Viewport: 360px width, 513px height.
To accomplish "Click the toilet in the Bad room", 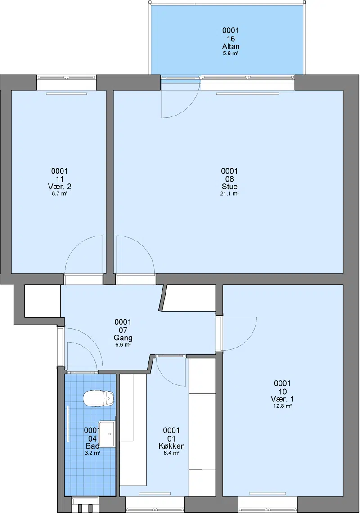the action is (x=98, y=398).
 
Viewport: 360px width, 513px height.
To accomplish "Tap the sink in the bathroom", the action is (x=107, y=434).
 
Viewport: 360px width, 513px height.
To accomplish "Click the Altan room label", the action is (x=230, y=46).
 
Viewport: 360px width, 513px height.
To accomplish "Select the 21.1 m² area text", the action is (x=229, y=193).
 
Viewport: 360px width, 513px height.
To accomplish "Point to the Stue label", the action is (x=229, y=187).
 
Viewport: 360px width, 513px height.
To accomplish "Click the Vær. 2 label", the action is (x=59, y=187).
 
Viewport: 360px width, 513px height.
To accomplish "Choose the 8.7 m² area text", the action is (x=59, y=193).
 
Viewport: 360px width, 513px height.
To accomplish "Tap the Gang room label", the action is (x=123, y=338).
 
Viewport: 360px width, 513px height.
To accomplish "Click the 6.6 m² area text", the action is (x=123, y=344).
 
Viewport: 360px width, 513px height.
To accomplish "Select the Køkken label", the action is (x=171, y=446).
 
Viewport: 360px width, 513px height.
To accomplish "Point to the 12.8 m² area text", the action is (x=282, y=406).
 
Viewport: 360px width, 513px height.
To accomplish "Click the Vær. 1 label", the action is (x=282, y=399).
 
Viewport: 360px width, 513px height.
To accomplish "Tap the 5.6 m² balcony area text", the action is (x=230, y=53).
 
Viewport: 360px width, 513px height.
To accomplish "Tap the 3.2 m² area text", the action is (x=92, y=453).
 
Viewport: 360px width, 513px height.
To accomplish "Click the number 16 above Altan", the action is (x=230, y=39).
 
